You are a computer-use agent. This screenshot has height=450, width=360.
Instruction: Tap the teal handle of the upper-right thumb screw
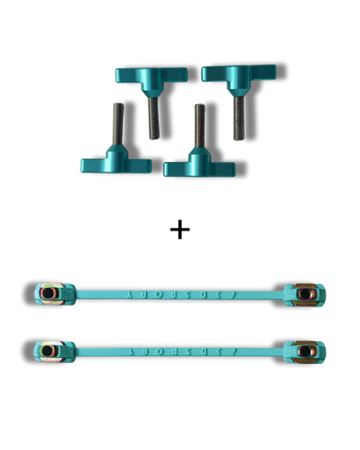click(238, 73)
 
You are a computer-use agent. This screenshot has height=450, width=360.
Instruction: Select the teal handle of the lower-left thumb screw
click(114, 164)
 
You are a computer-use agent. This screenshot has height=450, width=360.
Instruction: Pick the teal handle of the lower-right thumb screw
click(199, 166)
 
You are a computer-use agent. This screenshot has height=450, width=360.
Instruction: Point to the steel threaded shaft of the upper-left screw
click(152, 117)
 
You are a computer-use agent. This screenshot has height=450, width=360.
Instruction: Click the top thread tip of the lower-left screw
click(115, 103)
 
